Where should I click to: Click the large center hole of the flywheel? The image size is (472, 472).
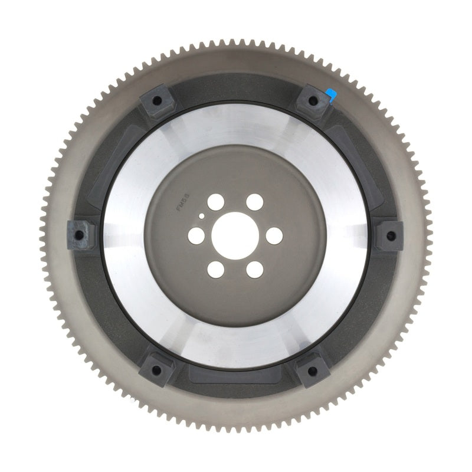click(x=235, y=235)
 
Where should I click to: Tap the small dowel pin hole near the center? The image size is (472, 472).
click(x=202, y=216)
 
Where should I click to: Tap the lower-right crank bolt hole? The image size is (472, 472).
click(x=255, y=270)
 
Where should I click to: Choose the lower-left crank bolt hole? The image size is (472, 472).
click(x=215, y=270)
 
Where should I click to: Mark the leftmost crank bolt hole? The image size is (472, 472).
click(x=195, y=235)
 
